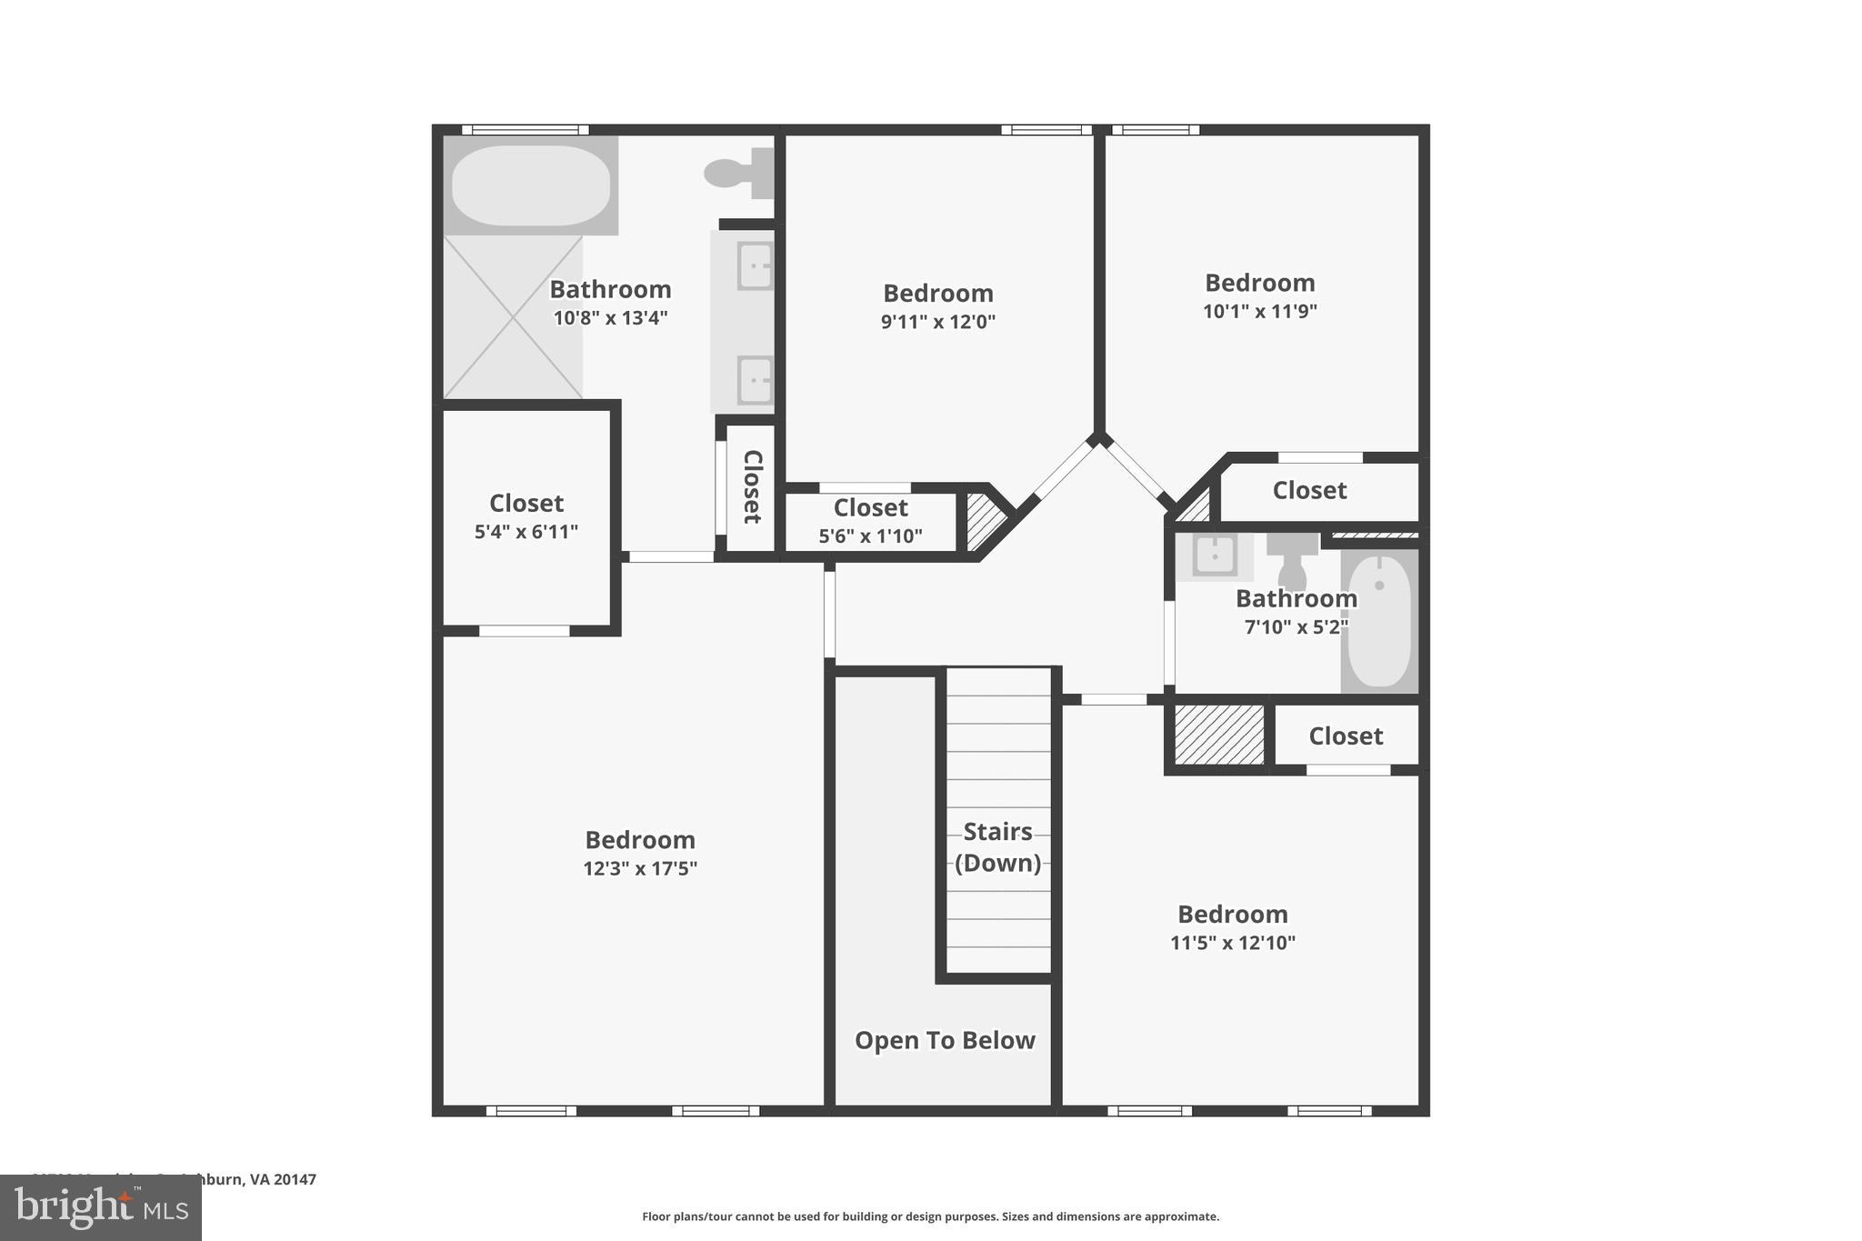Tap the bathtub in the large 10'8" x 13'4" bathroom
531,185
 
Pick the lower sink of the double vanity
755,379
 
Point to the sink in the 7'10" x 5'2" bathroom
1214,555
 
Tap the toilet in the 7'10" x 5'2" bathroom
1292,562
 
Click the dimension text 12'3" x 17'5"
640,868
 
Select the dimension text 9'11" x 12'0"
937,322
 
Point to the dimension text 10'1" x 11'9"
1259,311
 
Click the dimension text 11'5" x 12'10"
1232,943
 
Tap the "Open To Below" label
945,1040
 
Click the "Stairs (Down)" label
997,847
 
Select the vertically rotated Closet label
752,487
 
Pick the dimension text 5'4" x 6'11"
526,532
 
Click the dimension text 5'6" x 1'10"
870,536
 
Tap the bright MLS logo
101,1207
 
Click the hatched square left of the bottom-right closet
1219,735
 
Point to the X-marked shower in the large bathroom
513,317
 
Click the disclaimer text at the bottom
930,1216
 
